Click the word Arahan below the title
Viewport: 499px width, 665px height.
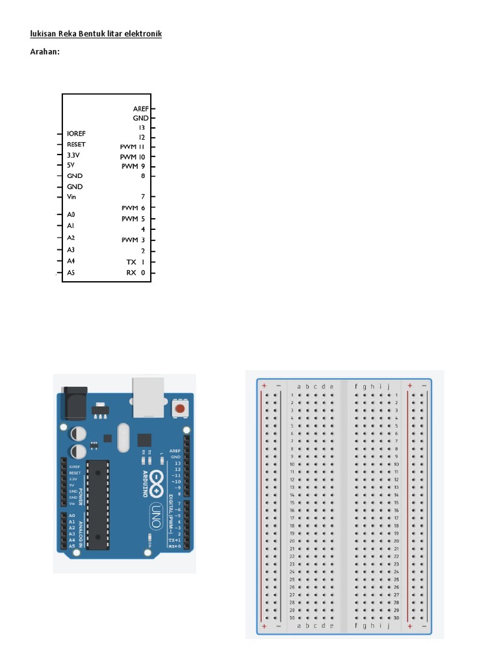point(45,51)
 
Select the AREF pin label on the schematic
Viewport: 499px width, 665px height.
point(141,109)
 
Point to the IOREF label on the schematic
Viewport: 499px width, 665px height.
point(76,133)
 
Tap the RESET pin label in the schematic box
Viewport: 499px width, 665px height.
point(76,144)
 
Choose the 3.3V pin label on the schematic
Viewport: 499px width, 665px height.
point(73,155)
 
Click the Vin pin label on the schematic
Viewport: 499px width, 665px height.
point(71,197)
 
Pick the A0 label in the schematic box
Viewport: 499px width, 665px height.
point(71,214)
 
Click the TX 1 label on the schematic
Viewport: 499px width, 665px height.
point(136,262)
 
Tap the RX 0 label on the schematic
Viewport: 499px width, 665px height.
point(136,273)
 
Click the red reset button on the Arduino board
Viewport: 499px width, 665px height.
point(179,409)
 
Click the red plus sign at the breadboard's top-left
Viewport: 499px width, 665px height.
point(264,386)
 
